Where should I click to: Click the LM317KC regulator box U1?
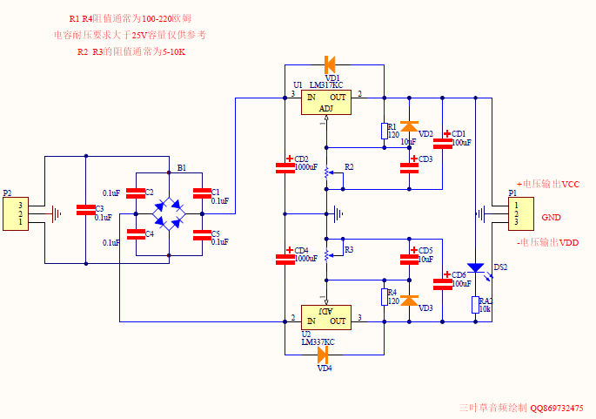(325, 103)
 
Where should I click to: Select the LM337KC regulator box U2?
(325, 317)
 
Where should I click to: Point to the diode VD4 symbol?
(323, 355)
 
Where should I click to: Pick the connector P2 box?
(14, 213)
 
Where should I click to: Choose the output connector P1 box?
(520, 213)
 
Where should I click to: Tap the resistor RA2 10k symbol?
(476, 304)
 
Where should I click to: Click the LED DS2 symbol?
(476, 267)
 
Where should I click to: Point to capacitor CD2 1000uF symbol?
(285, 166)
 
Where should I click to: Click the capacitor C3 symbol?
(85, 210)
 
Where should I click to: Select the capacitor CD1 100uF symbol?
(443, 143)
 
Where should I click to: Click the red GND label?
(552, 217)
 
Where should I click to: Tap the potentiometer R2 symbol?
(326, 172)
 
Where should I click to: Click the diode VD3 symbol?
(409, 301)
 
